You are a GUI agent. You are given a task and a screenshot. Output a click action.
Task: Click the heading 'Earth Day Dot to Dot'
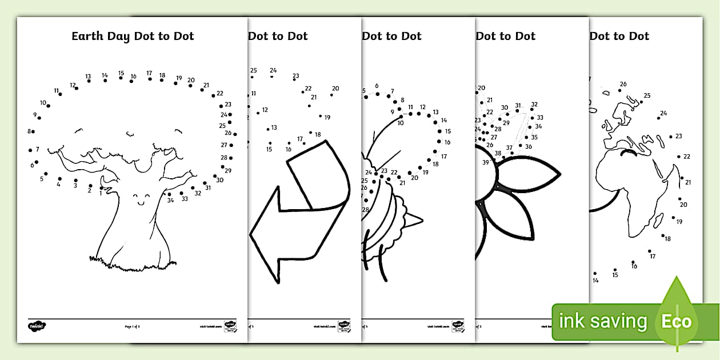pyautogui.click(x=133, y=36)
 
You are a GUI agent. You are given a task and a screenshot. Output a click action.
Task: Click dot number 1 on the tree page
pyautogui.click(x=102, y=187)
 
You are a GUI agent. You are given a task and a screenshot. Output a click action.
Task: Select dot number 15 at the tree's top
pyautogui.click(x=121, y=79)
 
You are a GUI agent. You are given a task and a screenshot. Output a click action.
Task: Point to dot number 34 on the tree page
pyautogui.click(x=169, y=194)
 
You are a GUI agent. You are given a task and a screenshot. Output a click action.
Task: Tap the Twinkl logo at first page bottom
pyautogui.click(x=37, y=326)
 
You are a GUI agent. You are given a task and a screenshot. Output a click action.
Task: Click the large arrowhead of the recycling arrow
pyautogui.click(x=266, y=234)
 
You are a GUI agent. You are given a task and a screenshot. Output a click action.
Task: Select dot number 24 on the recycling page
pyautogui.click(x=272, y=76)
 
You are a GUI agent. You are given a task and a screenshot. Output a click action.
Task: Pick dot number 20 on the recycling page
pyautogui.click(x=331, y=94)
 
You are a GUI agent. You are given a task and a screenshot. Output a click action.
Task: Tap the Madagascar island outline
pyautogui.click(x=658, y=221)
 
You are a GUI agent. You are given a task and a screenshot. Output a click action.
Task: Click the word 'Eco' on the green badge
pyautogui.click(x=677, y=321)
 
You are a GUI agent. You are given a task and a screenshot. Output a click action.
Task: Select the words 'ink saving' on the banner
pyautogui.click(x=603, y=322)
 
